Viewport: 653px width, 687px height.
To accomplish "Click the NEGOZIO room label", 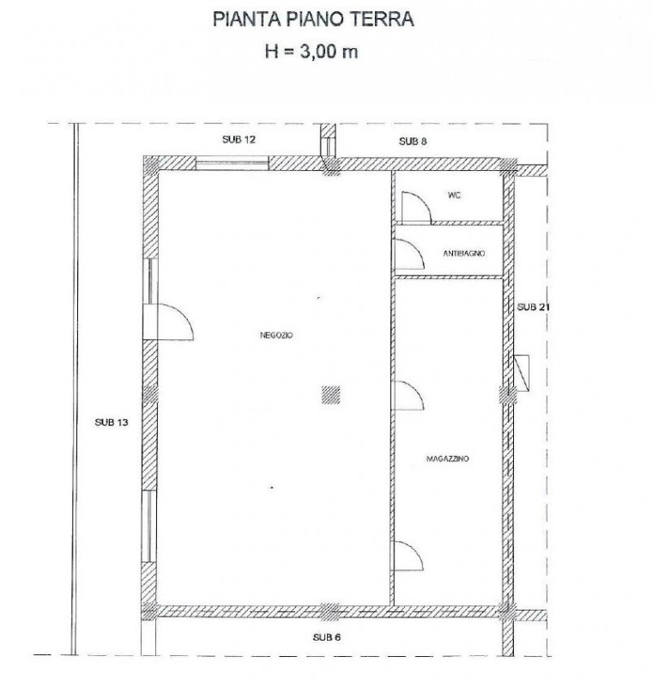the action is [x=276, y=335].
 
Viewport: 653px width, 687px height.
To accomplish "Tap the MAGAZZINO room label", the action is [x=447, y=459].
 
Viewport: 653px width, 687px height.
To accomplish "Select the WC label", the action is [x=454, y=196].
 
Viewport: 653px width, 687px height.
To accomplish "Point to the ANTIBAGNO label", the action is [x=464, y=253].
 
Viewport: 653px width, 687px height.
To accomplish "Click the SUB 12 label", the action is [x=239, y=140].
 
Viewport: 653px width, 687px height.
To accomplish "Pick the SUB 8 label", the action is [x=413, y=142].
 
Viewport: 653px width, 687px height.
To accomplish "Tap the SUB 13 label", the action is [x=112, y=423].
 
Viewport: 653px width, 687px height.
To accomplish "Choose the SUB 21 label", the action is [x=533, y=307].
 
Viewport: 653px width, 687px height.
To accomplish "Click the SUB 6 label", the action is [x=326, y=637].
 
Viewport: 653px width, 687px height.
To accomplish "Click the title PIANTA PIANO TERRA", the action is [x=313, y=19].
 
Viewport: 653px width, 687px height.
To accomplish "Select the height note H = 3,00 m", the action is [x=311, y=52].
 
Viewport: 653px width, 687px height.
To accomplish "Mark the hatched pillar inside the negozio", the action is [x=330, y=395].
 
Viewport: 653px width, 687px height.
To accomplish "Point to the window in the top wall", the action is [x=232, y=163].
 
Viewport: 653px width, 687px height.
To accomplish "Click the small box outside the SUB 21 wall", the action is [x=521, y=373].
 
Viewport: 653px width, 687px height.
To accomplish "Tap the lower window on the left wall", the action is [x=149, y=526].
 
